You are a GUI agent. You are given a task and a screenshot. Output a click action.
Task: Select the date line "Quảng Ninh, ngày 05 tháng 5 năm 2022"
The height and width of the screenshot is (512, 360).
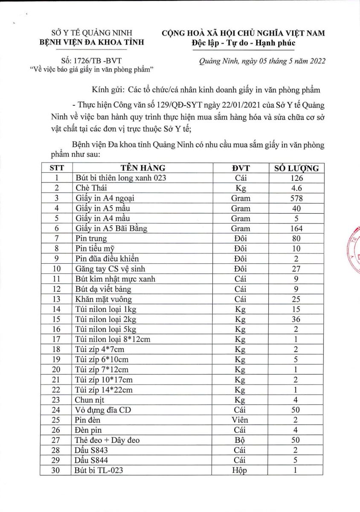(x=262, y=61)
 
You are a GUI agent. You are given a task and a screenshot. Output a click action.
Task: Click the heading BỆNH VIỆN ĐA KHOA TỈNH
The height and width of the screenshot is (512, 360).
(x=92, y=42)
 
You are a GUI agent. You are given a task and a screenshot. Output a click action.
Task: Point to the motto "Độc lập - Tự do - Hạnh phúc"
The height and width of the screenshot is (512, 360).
(x=243, y=43)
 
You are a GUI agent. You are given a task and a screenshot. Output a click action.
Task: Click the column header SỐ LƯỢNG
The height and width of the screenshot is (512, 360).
(x=296, y=168)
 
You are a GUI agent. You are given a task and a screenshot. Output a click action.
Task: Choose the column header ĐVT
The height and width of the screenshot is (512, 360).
(x=241, y=168)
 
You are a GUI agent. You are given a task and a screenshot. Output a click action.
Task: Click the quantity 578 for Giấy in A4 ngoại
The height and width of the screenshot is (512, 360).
(x=296, y=198)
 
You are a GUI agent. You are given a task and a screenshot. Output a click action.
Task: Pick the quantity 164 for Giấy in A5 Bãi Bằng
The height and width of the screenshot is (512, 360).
(x=296, y=228)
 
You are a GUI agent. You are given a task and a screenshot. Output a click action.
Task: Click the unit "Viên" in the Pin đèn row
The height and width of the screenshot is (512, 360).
(x=241, y=420)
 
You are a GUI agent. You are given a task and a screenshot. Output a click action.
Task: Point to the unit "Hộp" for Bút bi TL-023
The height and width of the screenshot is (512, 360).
(x=241, y=471)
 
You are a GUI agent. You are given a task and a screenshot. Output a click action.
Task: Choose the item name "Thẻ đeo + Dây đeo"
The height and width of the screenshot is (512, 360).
(x=107, y=440)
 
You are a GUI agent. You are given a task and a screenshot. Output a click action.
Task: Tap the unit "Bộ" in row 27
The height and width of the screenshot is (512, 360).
(x=241, y=440)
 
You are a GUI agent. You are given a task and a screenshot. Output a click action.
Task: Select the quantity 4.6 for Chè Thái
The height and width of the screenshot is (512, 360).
(x=296, y=188)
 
